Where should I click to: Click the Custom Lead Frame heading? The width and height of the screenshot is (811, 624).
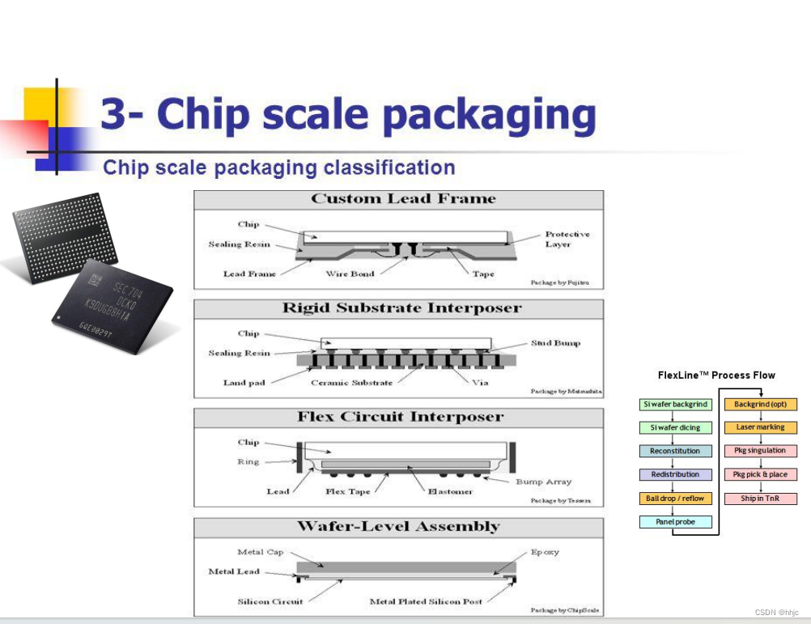pos(402,199)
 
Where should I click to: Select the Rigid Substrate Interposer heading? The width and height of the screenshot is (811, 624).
pos(401,308)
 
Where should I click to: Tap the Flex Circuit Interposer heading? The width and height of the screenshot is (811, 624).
pos(400,418)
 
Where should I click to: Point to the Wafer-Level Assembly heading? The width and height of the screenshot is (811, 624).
pos(399,527)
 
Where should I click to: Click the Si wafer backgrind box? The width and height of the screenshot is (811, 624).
pos(675,405)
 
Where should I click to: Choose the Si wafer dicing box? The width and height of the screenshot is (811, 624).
pos(675,428)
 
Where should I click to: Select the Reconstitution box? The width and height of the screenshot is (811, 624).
pos(675,452)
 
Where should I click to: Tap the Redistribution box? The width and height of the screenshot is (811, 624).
pos(675,475)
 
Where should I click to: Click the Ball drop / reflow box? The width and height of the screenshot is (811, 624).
pos(675,499)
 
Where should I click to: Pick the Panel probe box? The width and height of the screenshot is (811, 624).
pos(675,522)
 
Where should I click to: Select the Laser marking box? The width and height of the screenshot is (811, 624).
pos(760,427)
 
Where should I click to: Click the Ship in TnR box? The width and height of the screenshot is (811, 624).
pos(760,499)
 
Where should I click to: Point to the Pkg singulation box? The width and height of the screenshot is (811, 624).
pos(760,451)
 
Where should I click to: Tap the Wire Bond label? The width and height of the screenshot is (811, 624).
pos(350,274)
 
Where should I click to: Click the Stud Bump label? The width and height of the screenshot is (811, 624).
pos(555,343)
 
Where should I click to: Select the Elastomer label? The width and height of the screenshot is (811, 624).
pos(450,491)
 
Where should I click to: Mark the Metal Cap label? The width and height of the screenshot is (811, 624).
pos(261,552)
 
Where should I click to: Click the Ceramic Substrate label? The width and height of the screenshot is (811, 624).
pos(351,383)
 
